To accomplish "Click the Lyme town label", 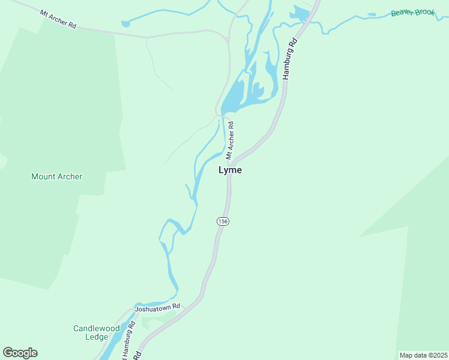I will click(x=230, y=170).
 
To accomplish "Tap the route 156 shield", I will click(x=223, y=221).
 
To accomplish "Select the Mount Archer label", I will click(x=56, y=176).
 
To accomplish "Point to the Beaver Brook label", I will click(x=412, y=13).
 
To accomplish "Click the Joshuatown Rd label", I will click(x=157, y=308).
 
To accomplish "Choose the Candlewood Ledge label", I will click(x=97, y=332).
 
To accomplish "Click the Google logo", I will click(x=20, y=353).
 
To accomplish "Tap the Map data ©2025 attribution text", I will click(x=423, y=355).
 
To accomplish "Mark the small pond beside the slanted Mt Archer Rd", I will click(x=125, y=24).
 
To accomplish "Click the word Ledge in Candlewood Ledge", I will click(x=97, y=337).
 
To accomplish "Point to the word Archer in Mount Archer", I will click(x=70, y=176).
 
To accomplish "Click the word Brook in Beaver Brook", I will click(x=424, y=12).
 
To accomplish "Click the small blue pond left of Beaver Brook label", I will click(x=372, y=14).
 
